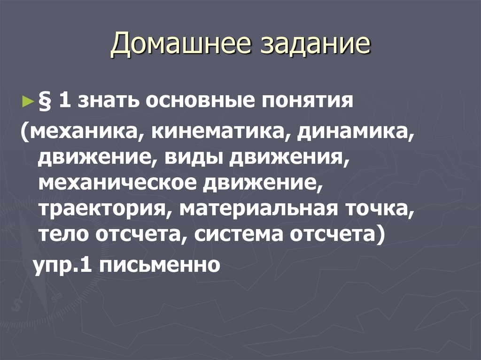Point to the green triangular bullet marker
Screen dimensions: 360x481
click(x=26, y=101)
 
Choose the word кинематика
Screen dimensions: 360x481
click(x=216, y=133)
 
